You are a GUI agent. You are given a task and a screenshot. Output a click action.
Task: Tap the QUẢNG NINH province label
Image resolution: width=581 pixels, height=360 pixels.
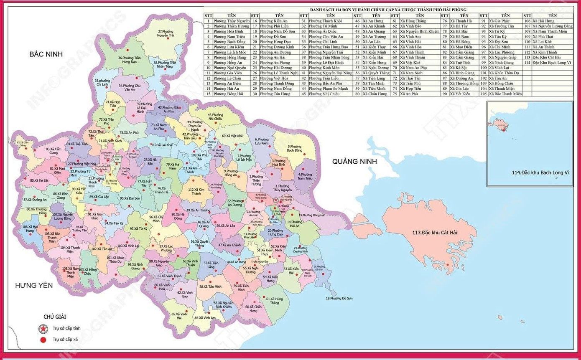tap(354, 161)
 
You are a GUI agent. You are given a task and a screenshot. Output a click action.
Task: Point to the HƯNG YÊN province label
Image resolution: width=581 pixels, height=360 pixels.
tap(34, 285)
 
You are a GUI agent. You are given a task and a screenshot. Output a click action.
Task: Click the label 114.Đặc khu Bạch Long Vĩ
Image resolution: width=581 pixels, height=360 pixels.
tap(540, 172)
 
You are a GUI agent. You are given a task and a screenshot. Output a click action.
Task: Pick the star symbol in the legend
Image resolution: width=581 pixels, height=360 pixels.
tap(43, 329)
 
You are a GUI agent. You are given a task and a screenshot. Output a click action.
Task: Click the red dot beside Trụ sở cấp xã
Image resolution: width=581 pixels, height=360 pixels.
tap(43, 340)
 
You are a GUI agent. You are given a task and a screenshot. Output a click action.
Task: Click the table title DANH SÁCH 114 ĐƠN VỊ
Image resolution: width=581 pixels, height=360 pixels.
tap(388, 10)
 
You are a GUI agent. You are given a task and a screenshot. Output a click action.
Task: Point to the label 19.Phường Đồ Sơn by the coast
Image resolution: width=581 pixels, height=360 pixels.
tap(339, 298)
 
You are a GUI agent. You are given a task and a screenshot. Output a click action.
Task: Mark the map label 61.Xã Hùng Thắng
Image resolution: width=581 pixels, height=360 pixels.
tap(274, 301)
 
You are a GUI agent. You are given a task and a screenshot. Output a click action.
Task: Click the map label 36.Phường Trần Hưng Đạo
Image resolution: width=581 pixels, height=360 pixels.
tap(131, 60)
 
